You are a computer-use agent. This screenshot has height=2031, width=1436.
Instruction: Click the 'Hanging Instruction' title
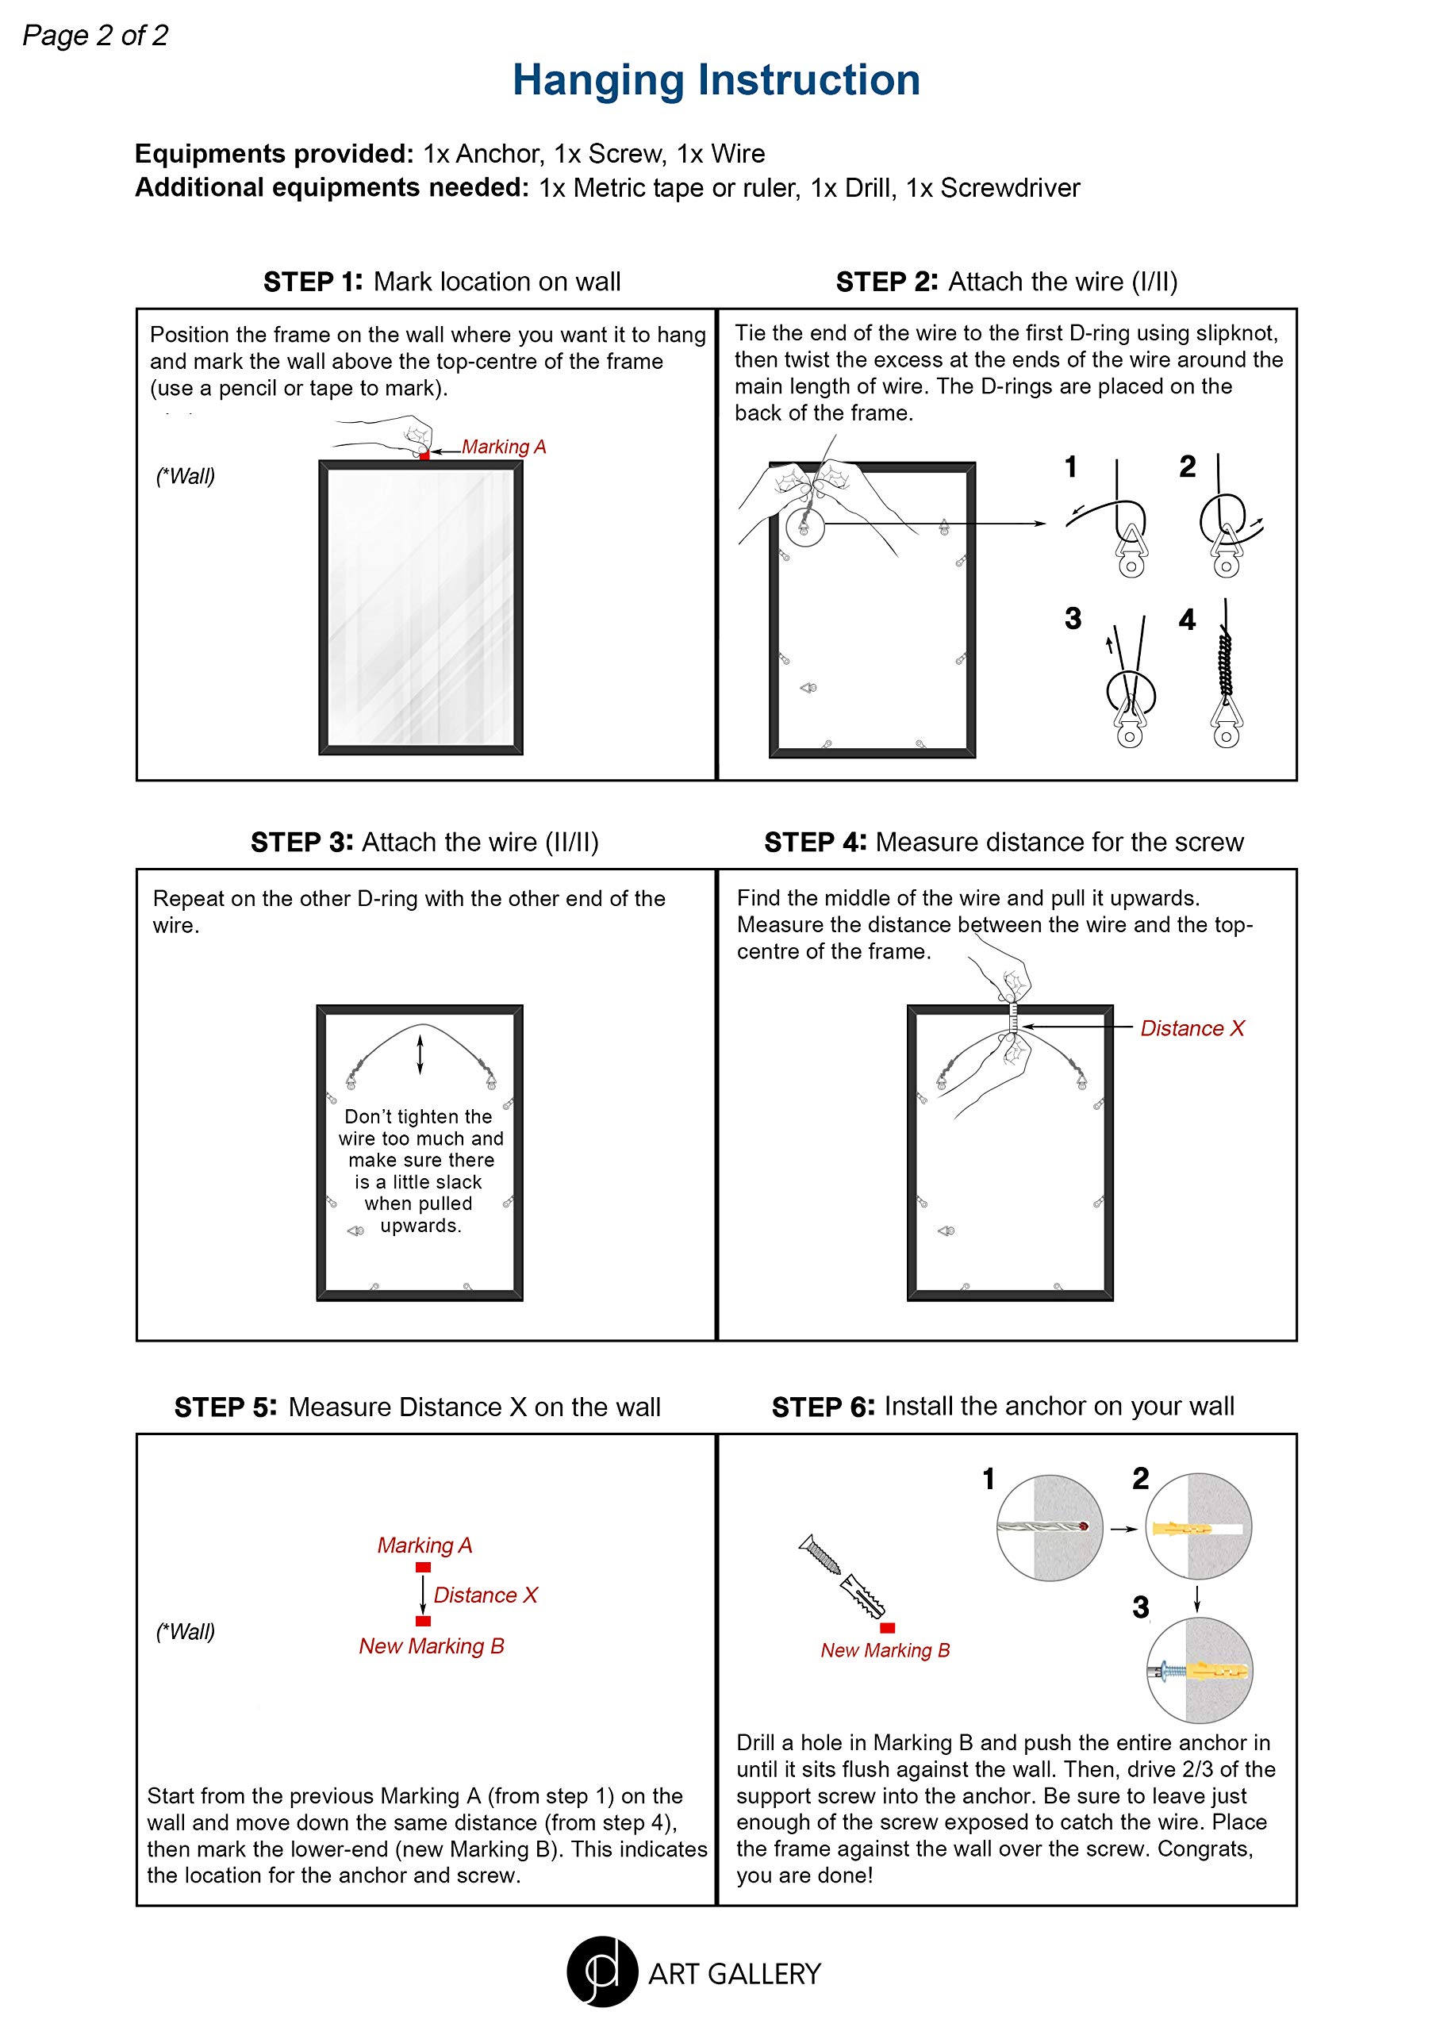click(x=716, y=79)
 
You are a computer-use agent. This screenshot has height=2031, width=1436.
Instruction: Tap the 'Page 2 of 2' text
click(x=94, y=36)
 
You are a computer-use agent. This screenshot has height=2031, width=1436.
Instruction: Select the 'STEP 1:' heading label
click(x=313, y=282)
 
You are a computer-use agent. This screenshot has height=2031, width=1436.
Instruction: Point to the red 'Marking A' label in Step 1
click(x=504, y=447)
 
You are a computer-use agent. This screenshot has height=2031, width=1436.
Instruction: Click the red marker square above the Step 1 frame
click(x=424, y=455)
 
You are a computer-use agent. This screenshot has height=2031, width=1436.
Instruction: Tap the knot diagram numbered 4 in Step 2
click(x=1227, y=677)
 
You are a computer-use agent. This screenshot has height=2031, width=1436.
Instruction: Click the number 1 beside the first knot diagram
click(x=1070, y=467)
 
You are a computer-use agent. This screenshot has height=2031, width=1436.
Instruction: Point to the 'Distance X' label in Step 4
click(x=1192, y=1028)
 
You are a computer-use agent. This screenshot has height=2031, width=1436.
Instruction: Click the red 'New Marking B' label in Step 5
click(x=431, y=1645)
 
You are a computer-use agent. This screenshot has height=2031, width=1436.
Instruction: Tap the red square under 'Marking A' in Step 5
click(x=423, y=1567)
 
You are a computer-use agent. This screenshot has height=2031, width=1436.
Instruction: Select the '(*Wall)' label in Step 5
click(x=186, y=1631)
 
